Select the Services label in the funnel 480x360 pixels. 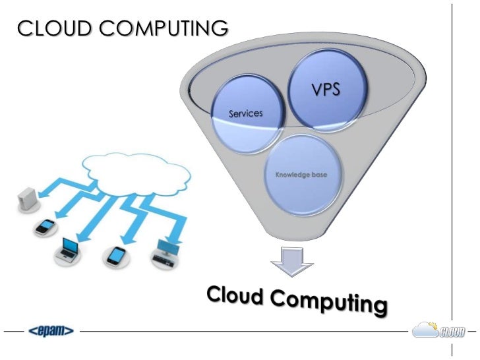[x=245, y=113]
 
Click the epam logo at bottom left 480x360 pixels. [x=50, y=330]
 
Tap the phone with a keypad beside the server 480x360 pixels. [x=45, y=227]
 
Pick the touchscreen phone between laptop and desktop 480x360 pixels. [x=116, y=255]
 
